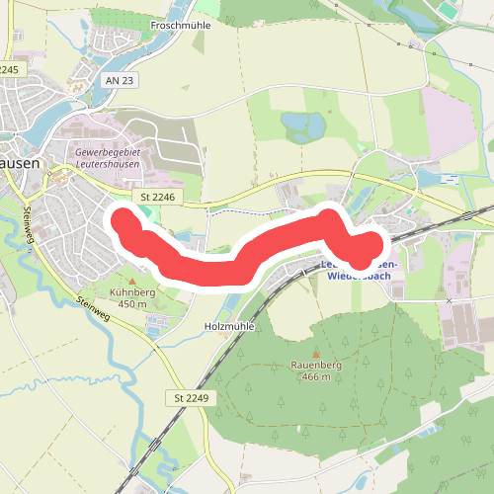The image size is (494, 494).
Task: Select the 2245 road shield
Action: click(10, 70)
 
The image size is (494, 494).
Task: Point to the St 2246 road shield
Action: click(157, 198)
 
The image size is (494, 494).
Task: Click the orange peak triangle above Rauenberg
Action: click(315, 354)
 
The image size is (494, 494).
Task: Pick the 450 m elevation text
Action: click(132, 304)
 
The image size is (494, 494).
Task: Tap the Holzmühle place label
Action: click(228, 324)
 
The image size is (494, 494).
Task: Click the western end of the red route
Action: click(123, 219)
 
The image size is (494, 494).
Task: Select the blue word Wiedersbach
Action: click(359, 277)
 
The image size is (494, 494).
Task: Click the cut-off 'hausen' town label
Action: click(20, 165)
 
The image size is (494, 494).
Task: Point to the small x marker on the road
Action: click(448, 300)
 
